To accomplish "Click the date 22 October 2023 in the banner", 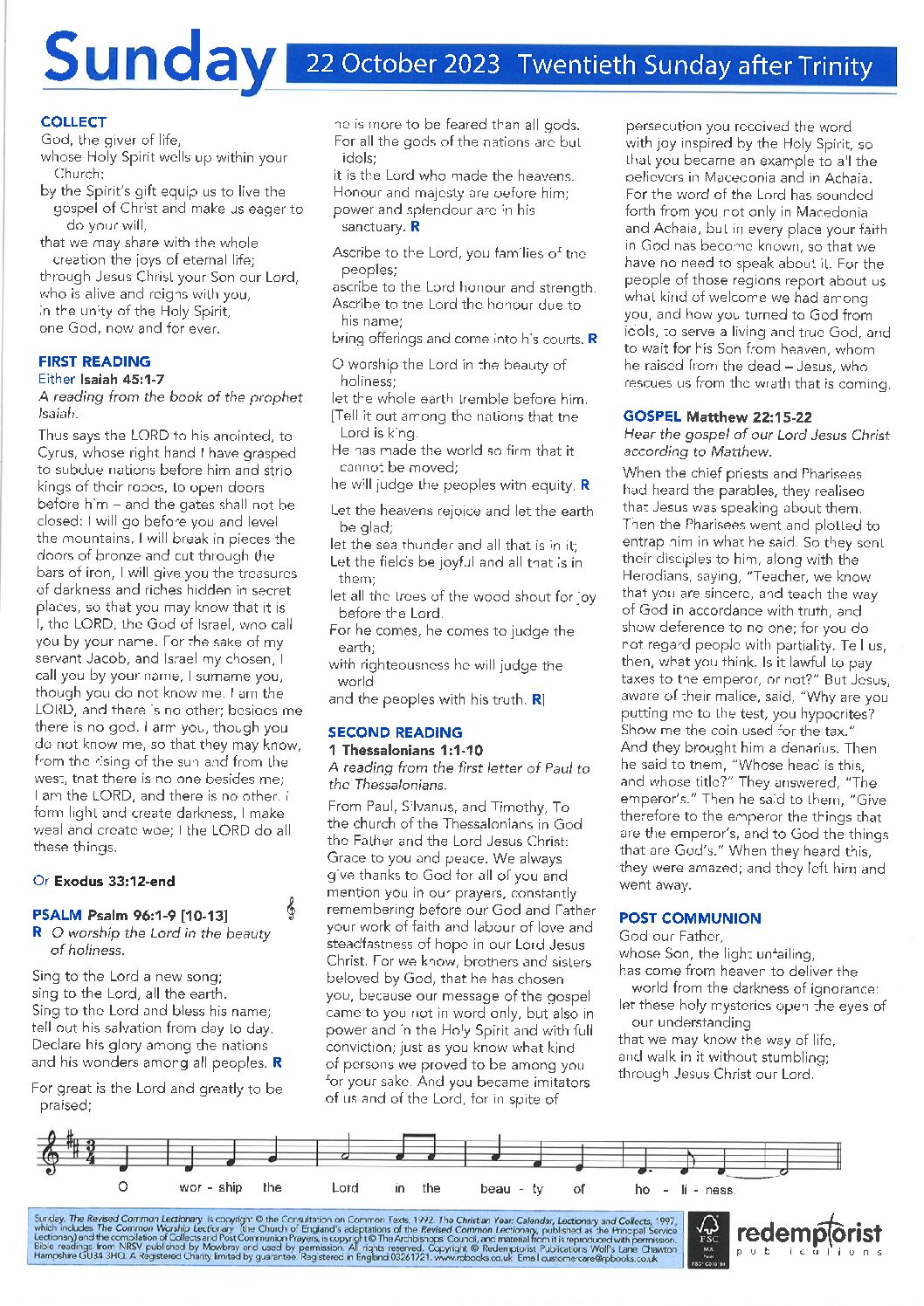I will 403,65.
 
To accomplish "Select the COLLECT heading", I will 73,122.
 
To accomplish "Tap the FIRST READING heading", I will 94,361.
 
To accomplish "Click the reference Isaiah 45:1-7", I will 122,380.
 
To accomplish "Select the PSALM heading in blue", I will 58,915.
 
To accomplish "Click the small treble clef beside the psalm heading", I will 291,910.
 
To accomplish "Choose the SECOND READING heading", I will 395,732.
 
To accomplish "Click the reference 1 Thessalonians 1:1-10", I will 405,750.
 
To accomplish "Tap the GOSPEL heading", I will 652,416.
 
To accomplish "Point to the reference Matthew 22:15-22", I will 749,416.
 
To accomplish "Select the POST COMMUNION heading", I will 690,918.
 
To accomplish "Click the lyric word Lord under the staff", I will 345,1187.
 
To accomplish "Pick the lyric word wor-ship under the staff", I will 210,1187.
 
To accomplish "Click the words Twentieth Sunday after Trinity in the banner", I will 694,65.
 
